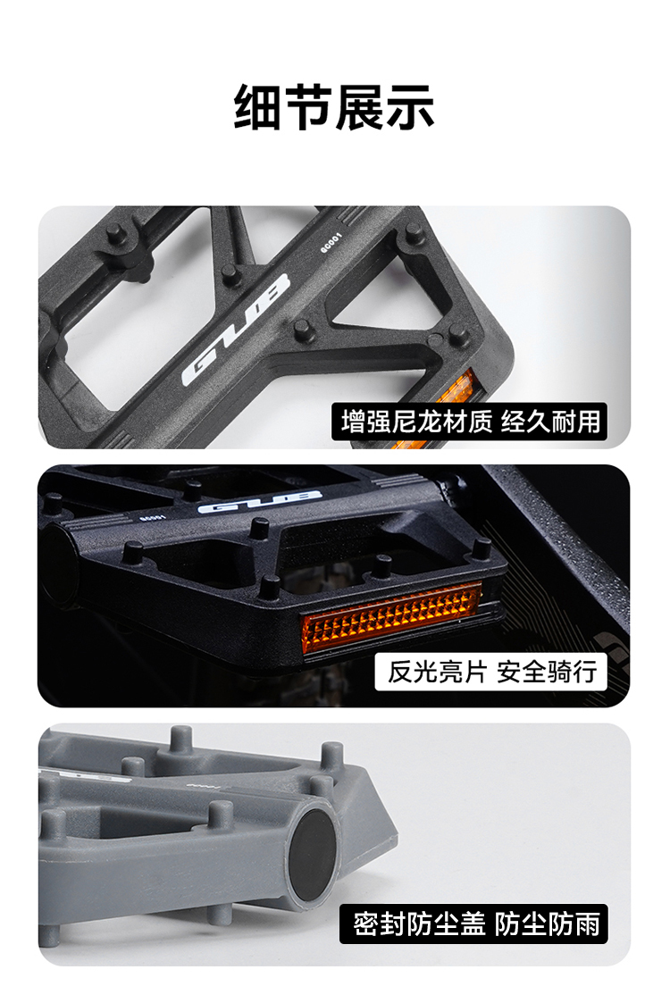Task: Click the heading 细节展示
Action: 334,107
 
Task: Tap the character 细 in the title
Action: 258,107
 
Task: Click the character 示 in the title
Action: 410,107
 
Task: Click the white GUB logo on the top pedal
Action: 236,331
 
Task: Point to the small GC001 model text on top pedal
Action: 331,245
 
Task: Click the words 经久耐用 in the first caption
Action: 550,422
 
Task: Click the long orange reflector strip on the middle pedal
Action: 391,620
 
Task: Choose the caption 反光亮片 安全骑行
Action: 490,671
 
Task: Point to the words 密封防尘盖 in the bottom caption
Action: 415,924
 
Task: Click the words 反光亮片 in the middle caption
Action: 437,671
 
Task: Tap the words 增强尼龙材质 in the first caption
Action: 416,422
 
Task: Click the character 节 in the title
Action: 309,107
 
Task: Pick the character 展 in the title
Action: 360,107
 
